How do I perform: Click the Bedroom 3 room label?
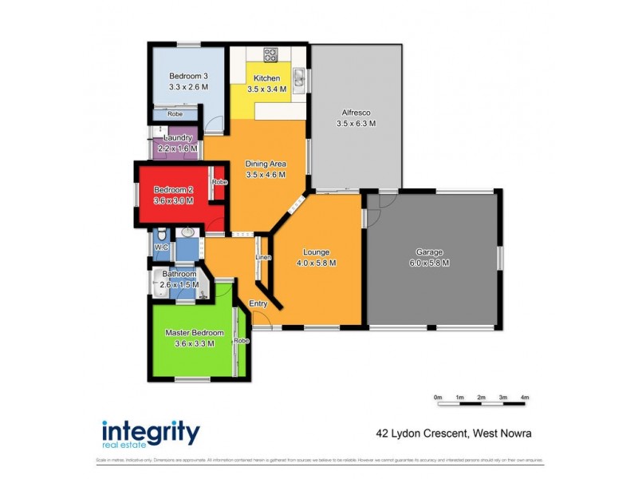coord(188,77)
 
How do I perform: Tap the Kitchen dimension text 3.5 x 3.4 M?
coord(267,89)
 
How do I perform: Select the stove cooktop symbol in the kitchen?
coord(270,55)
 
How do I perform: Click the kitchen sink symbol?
coord(297,77)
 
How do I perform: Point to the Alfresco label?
coord(356,113)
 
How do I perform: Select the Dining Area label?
coord(266,164)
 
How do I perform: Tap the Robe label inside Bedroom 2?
coord(219,182)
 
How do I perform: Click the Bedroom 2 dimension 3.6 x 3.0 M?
coord(173,201)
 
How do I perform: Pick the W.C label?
coord(161,248)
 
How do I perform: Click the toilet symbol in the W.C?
coord(161,234)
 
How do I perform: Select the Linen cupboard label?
coord(262,258)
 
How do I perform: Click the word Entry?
coord(258,303)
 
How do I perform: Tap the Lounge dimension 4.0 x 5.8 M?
coord(316,263)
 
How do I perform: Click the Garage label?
coord(429,251)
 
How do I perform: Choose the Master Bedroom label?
coord(194,333)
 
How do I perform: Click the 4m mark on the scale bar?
coord(524,397)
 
